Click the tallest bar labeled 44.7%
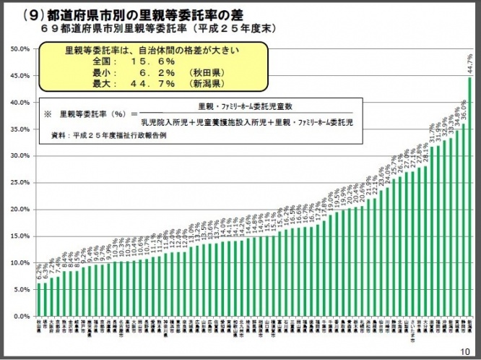coord(470,195)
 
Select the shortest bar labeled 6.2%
coord(39,300)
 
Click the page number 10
coord(464,351)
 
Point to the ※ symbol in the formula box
coord(48,114)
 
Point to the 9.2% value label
coord(84,257)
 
